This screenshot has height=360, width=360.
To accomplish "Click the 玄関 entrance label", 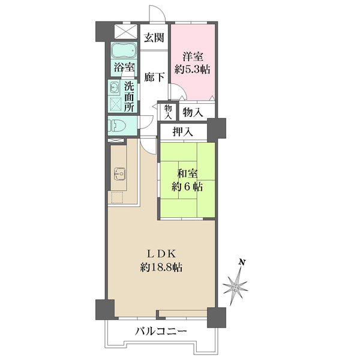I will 154,38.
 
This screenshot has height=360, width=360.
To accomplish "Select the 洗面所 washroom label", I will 129,95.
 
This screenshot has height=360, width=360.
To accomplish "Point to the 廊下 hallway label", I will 154,77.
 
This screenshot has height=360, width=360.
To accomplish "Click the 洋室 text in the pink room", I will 193,57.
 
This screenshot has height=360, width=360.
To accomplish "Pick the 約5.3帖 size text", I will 193,70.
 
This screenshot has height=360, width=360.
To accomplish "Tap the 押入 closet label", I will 182,132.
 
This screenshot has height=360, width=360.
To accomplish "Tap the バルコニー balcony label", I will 161,331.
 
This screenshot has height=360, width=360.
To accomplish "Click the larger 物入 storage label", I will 193,112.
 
